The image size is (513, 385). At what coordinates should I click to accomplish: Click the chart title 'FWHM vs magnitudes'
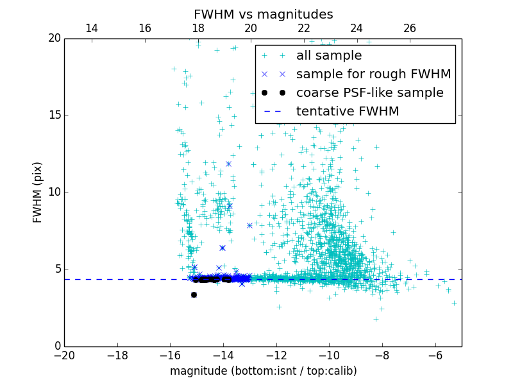263,14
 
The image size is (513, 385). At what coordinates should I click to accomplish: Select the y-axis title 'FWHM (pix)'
38,192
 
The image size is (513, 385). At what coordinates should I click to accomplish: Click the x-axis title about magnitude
263,371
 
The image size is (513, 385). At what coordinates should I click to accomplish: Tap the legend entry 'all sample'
329,56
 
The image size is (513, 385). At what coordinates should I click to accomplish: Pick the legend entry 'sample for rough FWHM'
373,74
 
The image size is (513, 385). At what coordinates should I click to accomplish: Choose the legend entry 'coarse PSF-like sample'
369,93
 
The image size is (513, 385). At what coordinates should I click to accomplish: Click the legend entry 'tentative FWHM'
348,112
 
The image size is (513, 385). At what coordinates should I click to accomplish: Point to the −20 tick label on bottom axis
64,355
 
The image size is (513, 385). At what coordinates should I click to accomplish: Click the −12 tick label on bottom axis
276,355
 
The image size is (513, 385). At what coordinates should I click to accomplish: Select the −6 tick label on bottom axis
435,355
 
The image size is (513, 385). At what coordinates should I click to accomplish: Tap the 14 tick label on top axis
92,28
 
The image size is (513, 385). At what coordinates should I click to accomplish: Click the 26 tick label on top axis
410,28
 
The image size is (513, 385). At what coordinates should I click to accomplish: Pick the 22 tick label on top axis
304,28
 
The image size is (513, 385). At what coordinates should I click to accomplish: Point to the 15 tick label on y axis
54,116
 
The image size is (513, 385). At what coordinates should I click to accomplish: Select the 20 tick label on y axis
54,38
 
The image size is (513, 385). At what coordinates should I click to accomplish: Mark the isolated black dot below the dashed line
194,295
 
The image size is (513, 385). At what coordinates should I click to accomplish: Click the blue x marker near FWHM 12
228,164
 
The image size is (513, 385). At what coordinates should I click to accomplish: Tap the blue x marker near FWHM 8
249,225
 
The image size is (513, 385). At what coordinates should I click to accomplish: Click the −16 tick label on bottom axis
170,355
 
